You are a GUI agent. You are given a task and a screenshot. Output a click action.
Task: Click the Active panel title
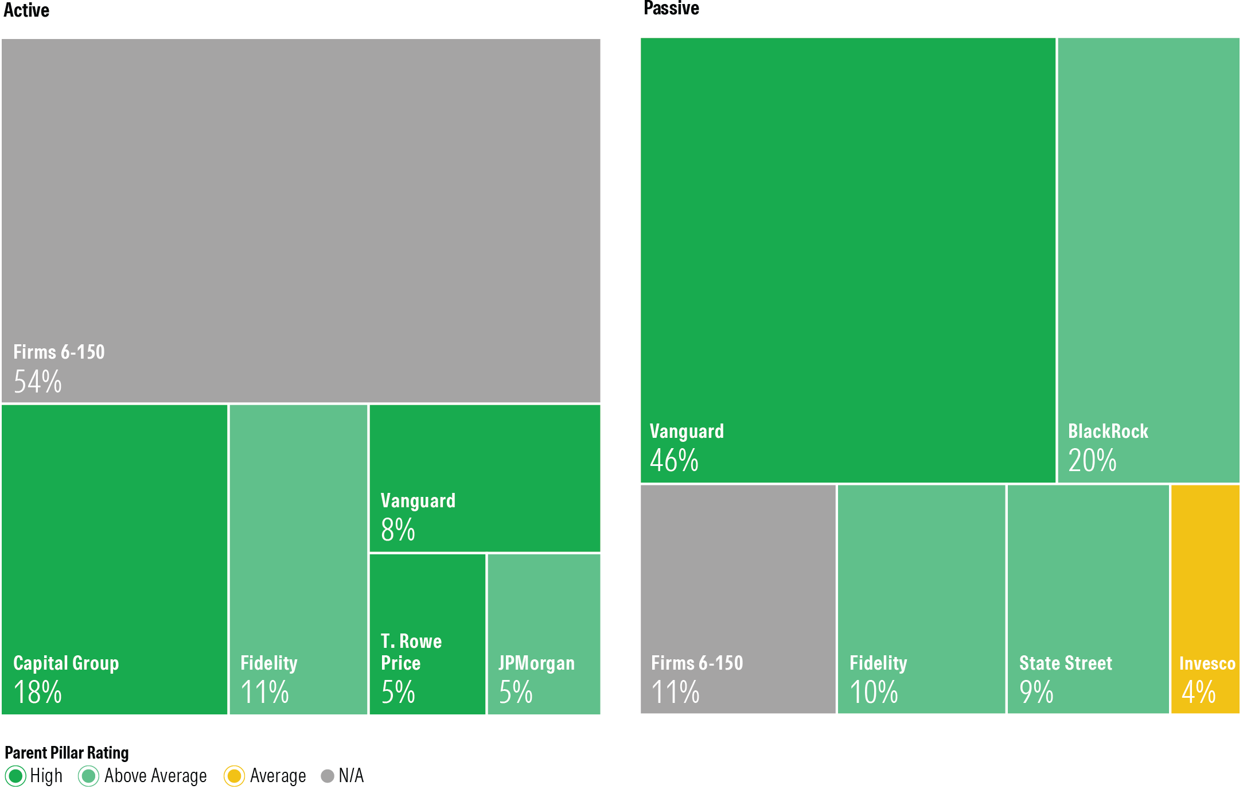[26, 10]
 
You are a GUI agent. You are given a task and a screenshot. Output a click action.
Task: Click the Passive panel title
[671, 9]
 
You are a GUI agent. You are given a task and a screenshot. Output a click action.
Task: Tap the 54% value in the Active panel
[38, 382]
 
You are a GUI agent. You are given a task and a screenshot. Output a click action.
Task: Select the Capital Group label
[66, 663]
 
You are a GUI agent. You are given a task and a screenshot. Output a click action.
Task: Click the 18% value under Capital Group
[38, 692]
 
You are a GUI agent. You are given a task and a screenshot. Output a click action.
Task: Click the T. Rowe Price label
[411, 652]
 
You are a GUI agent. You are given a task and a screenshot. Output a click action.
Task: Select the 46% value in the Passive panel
[674, 460]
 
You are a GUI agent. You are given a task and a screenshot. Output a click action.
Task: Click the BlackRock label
[1108, 431]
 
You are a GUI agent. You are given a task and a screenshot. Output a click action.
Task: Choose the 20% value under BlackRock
[1092, 460]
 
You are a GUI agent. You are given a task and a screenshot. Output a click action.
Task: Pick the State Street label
[1065, 663]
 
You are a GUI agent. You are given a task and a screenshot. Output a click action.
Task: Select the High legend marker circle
[15, 776]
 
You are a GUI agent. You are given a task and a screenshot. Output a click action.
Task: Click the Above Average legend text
[155, 776]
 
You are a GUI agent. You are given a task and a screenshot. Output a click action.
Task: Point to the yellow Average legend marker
[234, 776]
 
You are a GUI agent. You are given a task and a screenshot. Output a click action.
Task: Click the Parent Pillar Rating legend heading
[67, 752]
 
